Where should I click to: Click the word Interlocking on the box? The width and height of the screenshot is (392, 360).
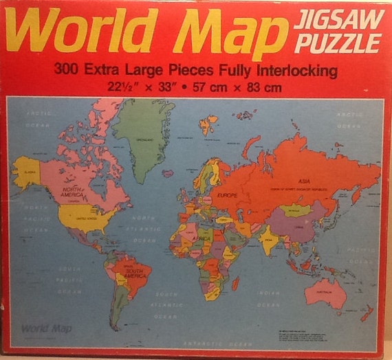(x=297, y=70)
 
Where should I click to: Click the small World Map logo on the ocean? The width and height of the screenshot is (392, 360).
(x=42, y=328)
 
